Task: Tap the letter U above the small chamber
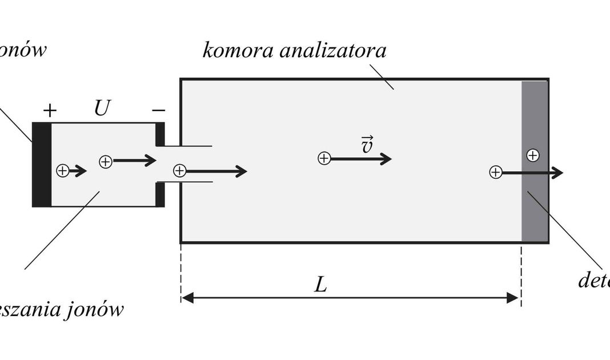(x=101, y=108)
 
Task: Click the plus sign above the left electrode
(x=50, y=110)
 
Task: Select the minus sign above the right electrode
(x=159, y=109)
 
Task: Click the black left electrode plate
(x=42, y=165)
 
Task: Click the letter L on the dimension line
(x=321, y=285)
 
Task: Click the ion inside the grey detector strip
(x=533, y=155)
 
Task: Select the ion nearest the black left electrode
(x=62, y=170)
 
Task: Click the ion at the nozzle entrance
(x=180, y=170)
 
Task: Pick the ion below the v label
(x=324, y=158)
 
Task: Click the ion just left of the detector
(x=496, y=172)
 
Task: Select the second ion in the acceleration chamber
(x=106, y=162)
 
